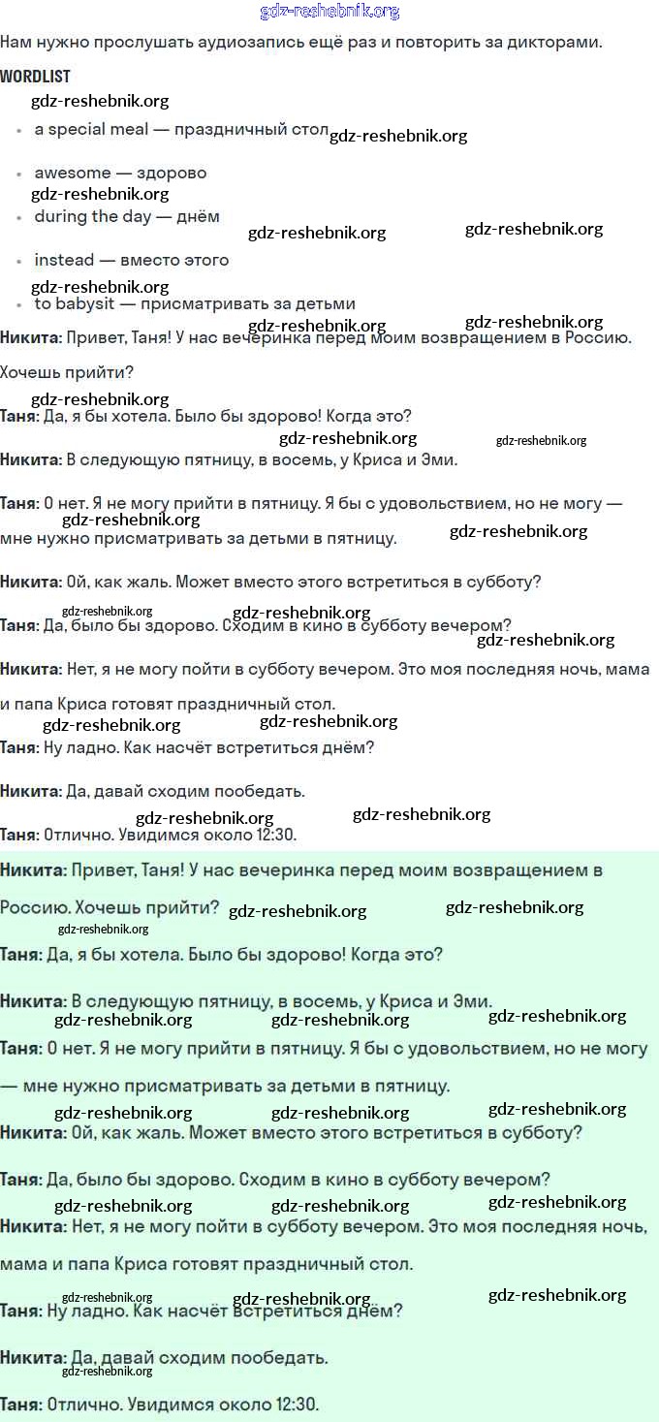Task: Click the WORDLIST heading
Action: click(35, 77)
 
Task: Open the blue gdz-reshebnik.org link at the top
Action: click(329, 12)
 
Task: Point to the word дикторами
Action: click(560, 43)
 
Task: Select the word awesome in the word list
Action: click(73, 174)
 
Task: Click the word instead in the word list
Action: click(64, 261)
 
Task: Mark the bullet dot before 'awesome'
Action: click(18, 174)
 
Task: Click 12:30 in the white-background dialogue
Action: click(275, 835)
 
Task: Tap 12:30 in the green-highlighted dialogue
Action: click(297, 1404)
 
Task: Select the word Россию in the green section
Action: click(30, 908)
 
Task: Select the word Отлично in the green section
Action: click(77, 1404)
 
